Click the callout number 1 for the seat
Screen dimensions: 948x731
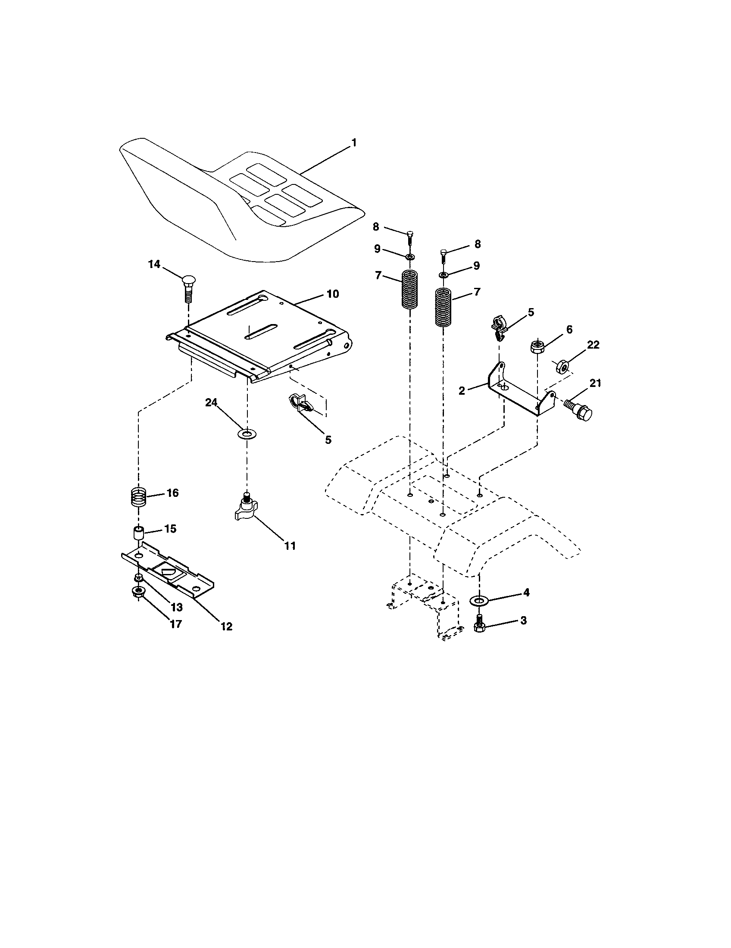[354, 143]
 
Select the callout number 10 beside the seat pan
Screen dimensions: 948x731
[332, 294]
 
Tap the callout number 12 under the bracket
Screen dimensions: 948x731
[227, 627]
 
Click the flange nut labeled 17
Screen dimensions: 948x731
[138, 592]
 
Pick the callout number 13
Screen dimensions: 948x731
[176, 607]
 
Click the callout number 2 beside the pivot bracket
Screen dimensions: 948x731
[462, 391]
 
